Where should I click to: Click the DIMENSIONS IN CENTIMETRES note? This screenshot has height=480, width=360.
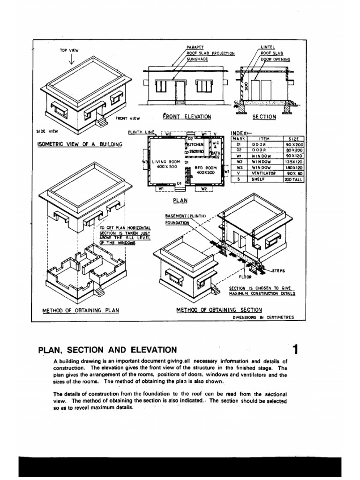click(263, 317)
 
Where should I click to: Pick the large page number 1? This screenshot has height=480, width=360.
click(295, 349)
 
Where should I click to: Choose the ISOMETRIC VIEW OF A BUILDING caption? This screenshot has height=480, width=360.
click(79, 144)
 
